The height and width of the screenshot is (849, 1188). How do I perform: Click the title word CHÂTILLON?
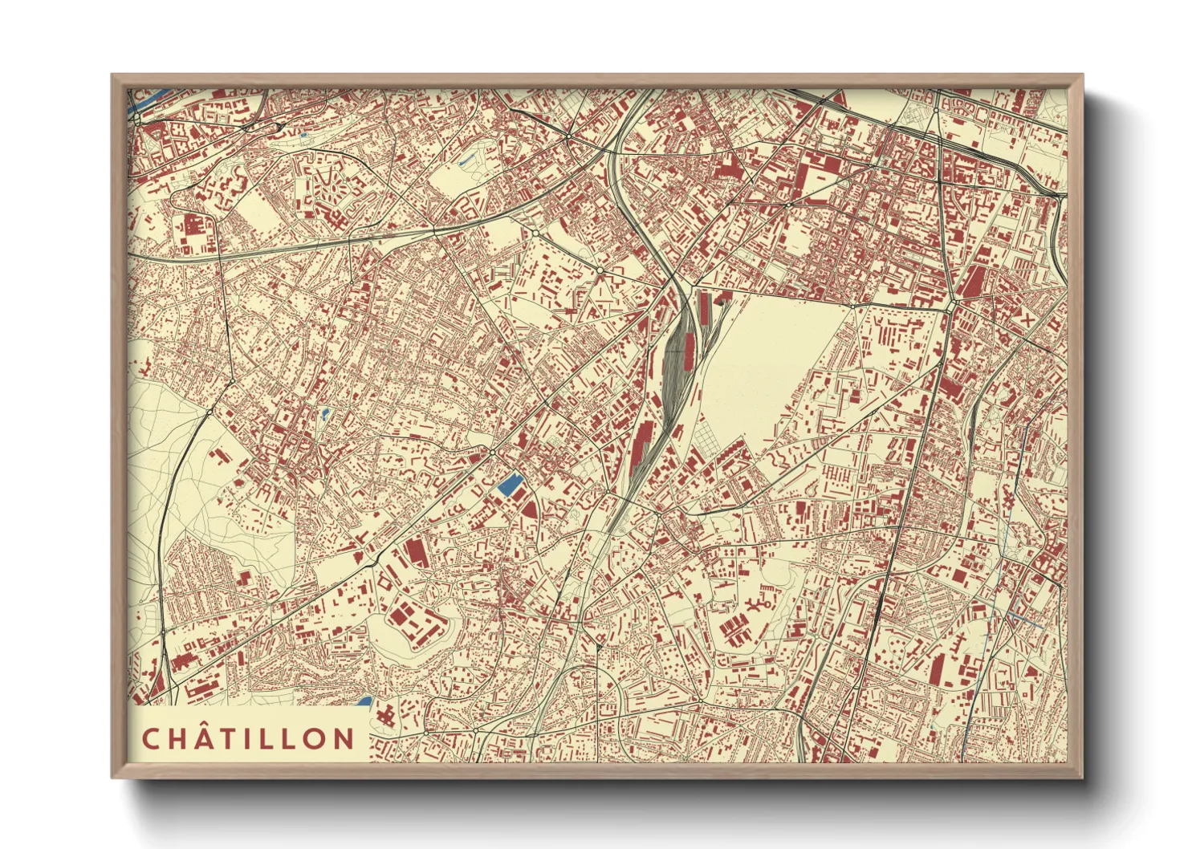point(248,739)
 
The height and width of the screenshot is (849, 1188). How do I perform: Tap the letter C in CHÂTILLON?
point(150,739)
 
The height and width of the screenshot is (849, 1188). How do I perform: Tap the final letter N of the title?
point(344,739)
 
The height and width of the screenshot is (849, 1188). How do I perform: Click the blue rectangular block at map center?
point(509,485)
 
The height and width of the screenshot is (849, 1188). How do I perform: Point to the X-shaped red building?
point(1027,319)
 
